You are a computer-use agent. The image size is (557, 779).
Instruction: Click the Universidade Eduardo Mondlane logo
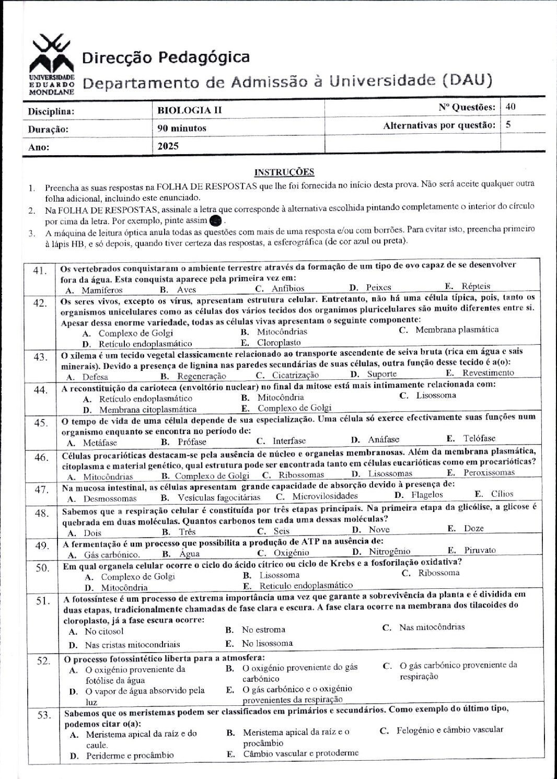pyautogui.click(x=51, y=64)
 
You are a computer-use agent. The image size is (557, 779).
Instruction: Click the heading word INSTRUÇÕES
pyautogui.click(x=284, y=172)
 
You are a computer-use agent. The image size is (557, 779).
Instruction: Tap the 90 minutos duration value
pyautogui.click(x=182, y=128)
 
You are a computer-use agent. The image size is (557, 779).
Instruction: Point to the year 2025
pyautogui.click(x=168, y=146)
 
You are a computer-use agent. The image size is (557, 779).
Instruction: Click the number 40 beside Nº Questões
pyautogui.click(x=510, y=107)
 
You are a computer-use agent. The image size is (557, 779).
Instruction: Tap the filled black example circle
pyautogui.click(x=215, y=220)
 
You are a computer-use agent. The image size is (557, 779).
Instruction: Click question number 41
pyautogui.click(x=40, y=271)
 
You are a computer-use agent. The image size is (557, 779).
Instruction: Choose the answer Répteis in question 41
pyautogui.click(x=475, y=286)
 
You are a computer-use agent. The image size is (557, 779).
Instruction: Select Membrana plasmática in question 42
pyautogui.click(x=457, y=330)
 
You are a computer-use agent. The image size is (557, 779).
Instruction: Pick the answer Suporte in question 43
pyautogui.click(x=381, y=374)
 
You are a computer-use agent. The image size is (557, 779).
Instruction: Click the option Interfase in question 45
pyautogui.click(x=289, y=441)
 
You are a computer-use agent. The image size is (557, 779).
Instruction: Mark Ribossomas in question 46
pyautogui.click(x=301, y=475)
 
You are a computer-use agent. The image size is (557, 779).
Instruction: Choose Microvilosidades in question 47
pyautogui.click(x=324, y=496)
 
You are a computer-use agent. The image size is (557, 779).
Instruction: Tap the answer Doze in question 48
pyautogui.click(x=473, y=529)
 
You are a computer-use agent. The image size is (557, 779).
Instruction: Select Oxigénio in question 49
pyautogui.click(x=291, y=553)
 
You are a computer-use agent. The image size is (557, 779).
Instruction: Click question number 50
pyautogui.click(x=42, y=568)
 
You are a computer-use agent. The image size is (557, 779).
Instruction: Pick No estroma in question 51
pyautogui.click(x=263, y=630)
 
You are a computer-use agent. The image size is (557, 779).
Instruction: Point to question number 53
pyautogui.click(x=44, y=715)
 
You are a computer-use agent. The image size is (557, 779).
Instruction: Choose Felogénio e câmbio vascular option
pyautogui.click(x=449, y=730)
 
